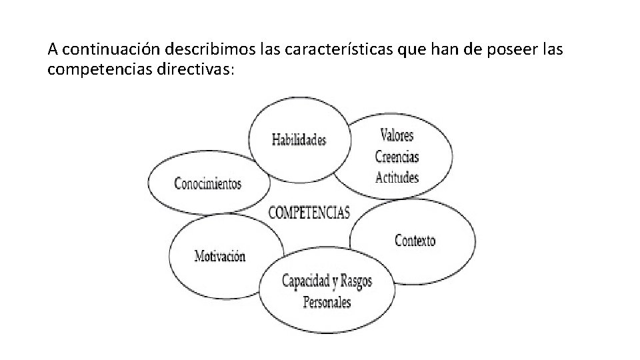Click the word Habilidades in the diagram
point(299,140)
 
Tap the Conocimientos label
point(207,184)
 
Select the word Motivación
point(220,256)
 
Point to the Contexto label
point(415,240)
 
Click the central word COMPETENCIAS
point(309,213)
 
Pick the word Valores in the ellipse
point(397,135)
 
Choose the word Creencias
point(397,157)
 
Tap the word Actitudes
point(397,178)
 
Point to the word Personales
point(327,302)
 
